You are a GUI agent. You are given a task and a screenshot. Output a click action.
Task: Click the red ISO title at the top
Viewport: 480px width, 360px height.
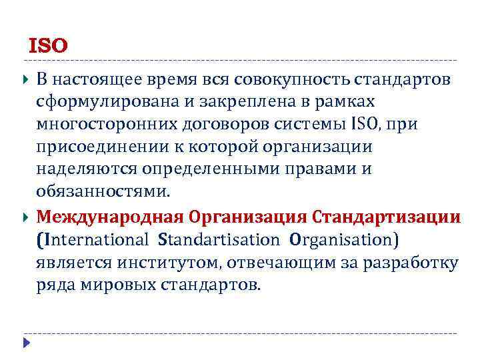pyautogui.click(x=48, y=46)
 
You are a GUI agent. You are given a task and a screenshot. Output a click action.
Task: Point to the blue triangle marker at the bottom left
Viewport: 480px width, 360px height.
pyautogui.click(x=25, y=343)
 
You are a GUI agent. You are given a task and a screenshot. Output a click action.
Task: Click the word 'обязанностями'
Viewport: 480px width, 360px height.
pyautogui.click(x=102, y=193)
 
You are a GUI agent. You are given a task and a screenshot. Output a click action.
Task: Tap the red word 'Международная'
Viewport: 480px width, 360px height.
pyautogui.click(x=110, y=217)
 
